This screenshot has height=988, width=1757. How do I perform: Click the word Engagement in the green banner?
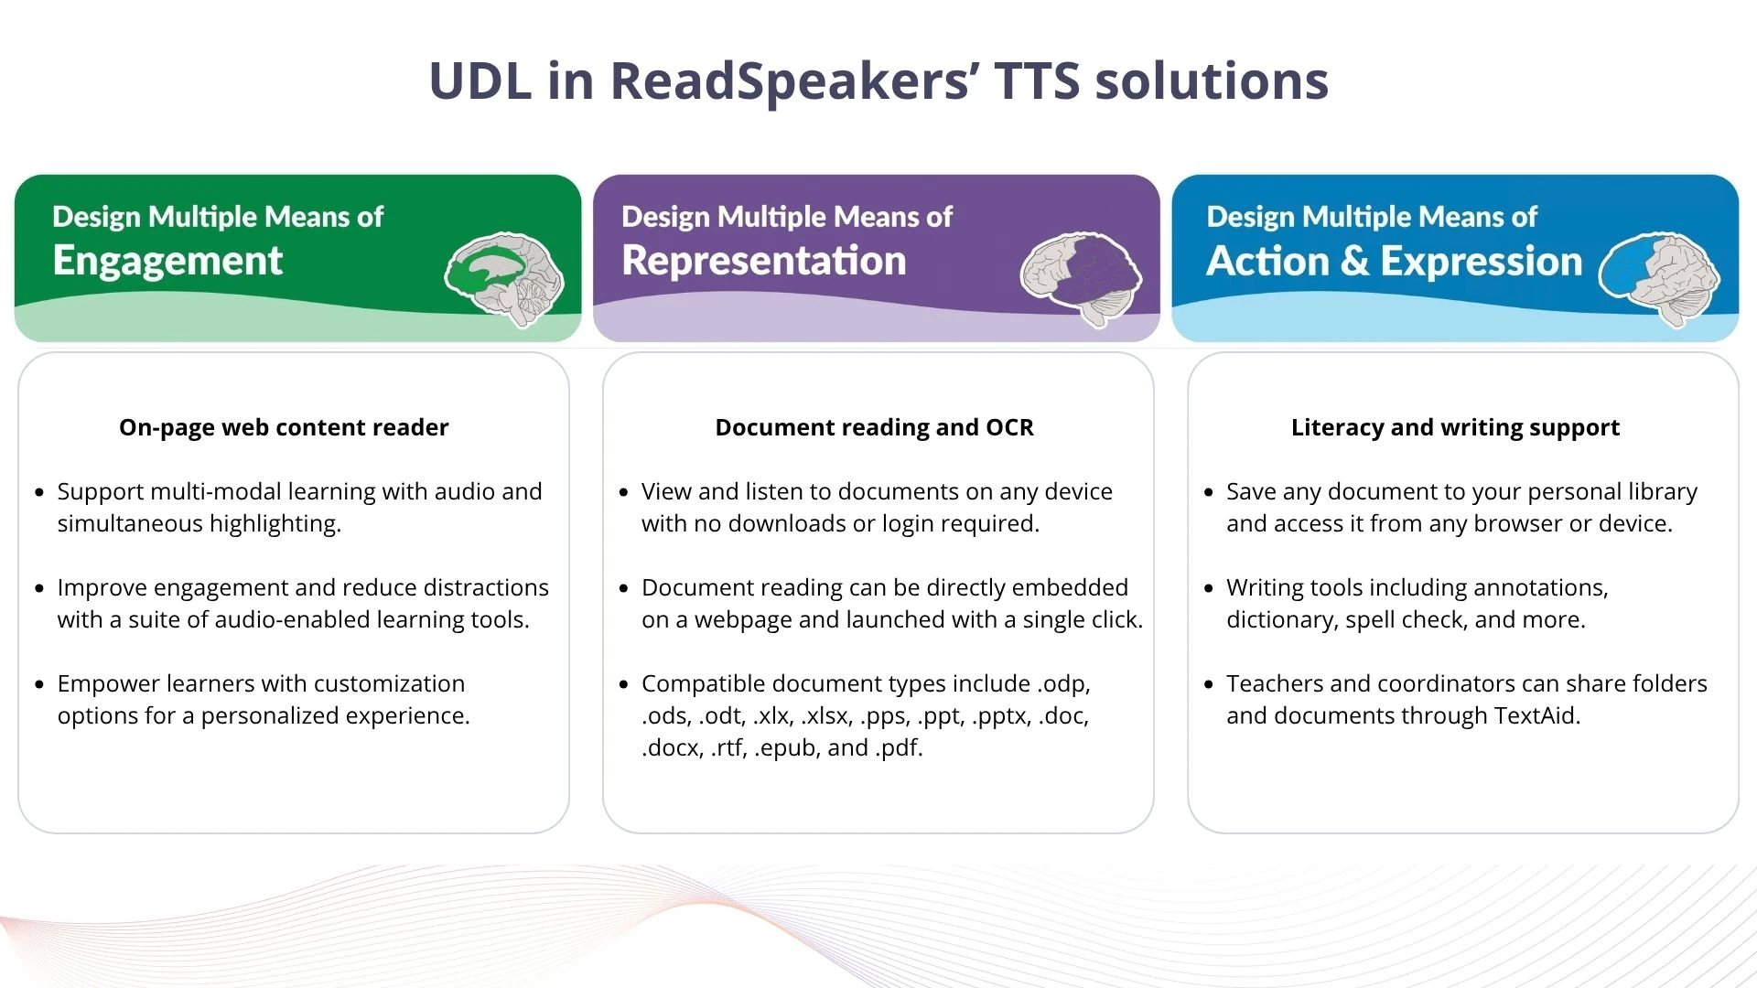click(x=167, y=262)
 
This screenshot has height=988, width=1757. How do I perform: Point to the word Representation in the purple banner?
click(x=764, y=262)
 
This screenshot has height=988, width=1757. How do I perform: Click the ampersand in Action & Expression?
click(x=1353, y=262)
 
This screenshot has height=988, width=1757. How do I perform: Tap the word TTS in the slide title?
click(x=1038, y=81)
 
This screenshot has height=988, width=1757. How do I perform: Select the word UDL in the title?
click(x=480, y=81)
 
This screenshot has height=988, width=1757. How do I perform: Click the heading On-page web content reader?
click(x=284, y=427)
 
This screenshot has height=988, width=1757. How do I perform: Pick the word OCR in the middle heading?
click(x=1009, y=427)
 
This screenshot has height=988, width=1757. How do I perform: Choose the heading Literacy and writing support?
click(x=1455, y=427)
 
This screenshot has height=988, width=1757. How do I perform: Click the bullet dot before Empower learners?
click(x=39, y=684)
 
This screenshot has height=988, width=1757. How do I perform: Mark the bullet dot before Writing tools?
click(x=1209, y=588)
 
